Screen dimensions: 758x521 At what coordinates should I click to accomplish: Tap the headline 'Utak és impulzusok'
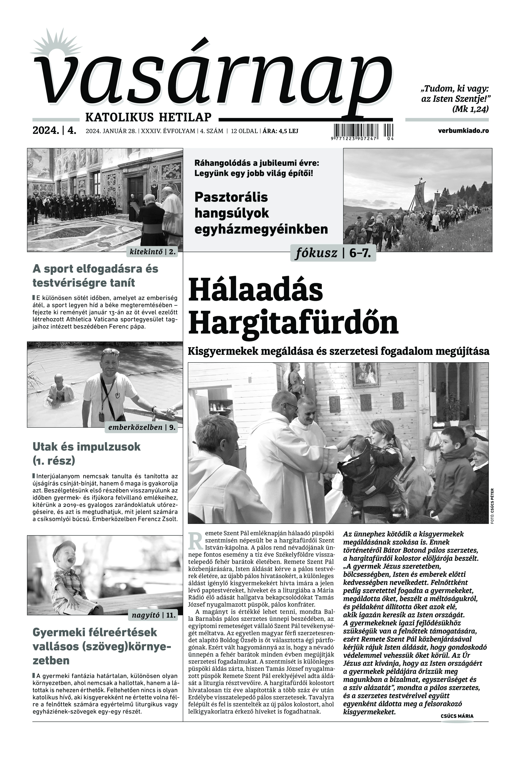tap(87, 447)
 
